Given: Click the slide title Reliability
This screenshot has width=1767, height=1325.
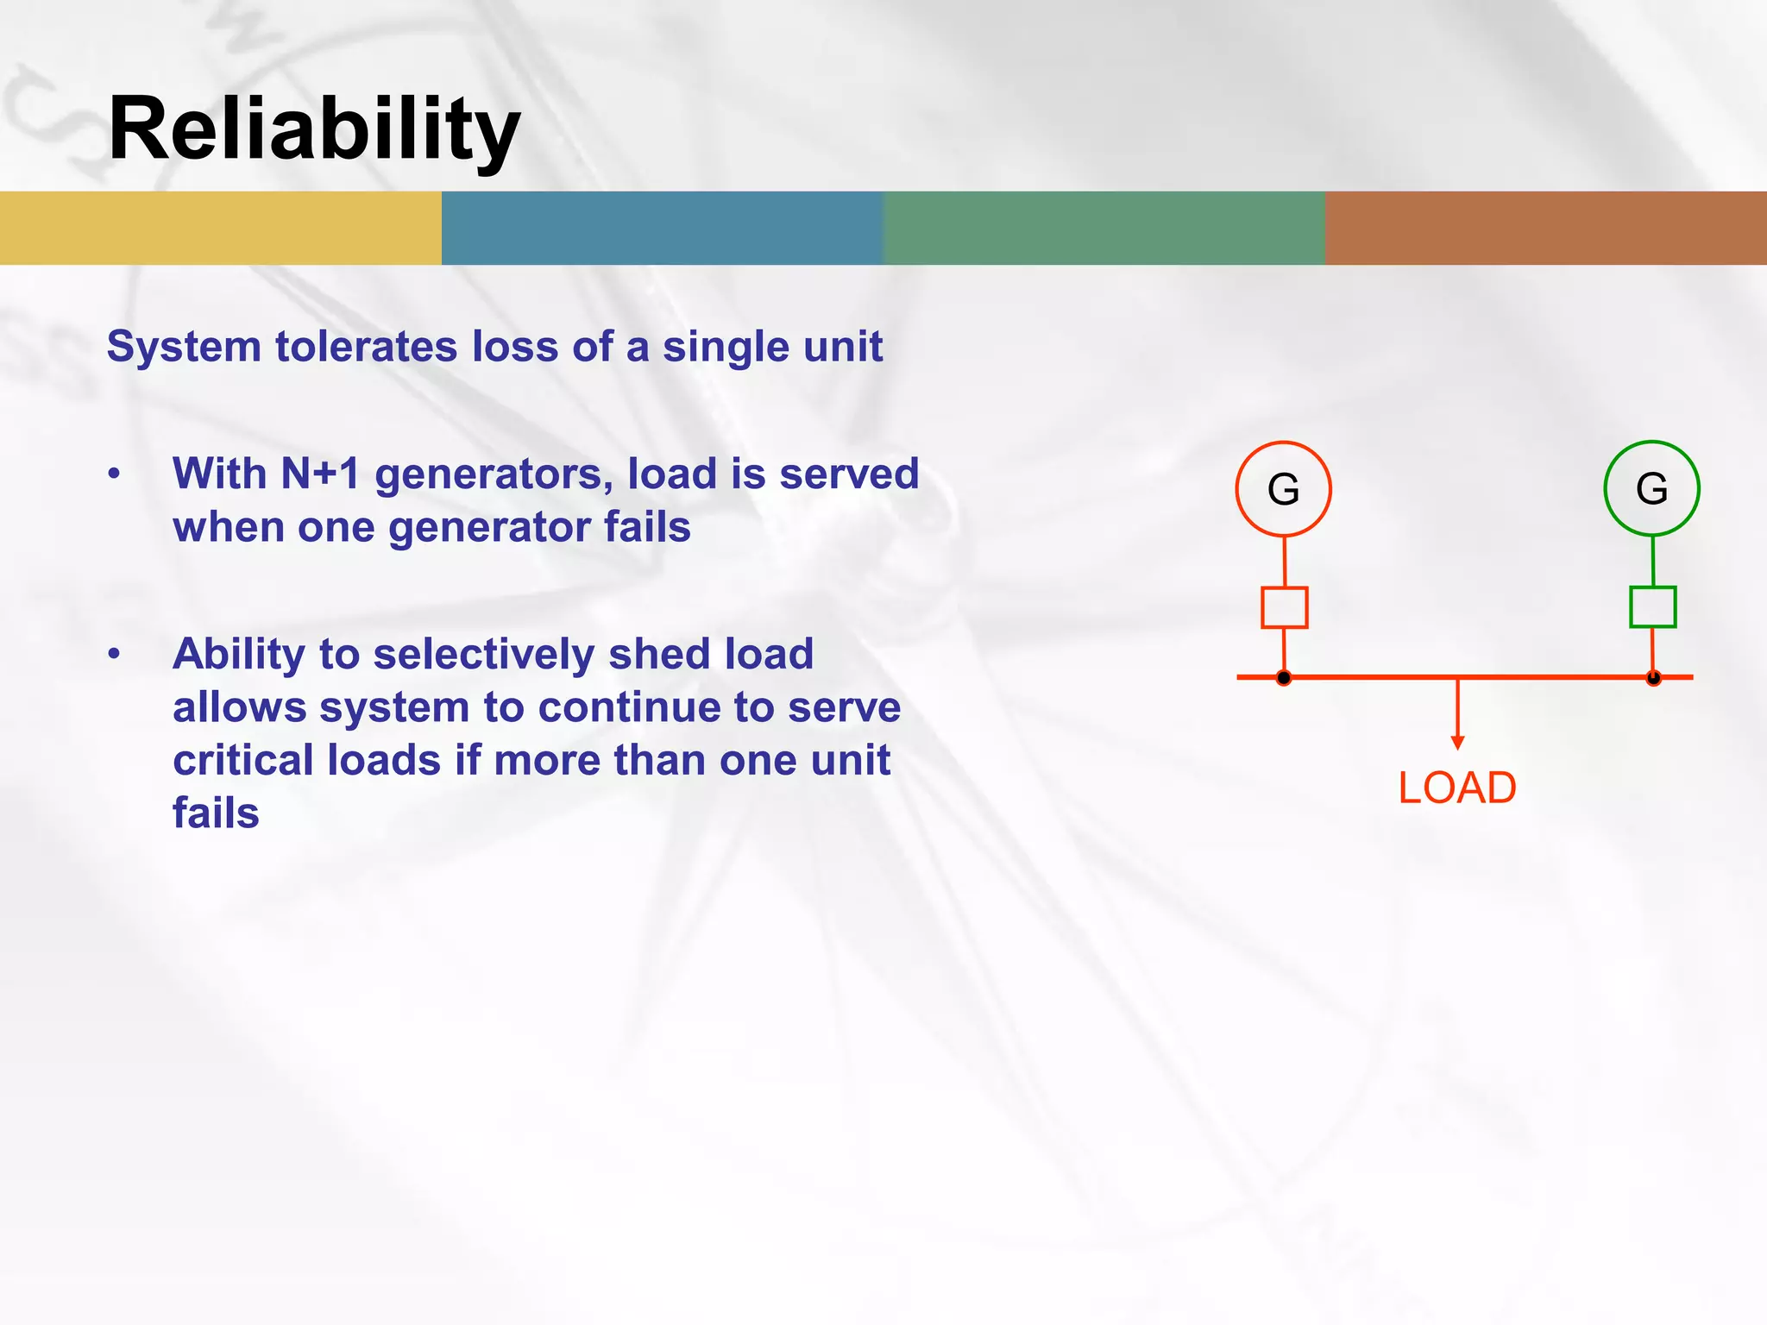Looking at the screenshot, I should (314, 129).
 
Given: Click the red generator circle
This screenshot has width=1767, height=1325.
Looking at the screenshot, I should (1283, 489).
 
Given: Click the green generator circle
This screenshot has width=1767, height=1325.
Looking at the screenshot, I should (1651, 488).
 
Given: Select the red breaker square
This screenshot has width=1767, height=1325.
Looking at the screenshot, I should (1284, 607).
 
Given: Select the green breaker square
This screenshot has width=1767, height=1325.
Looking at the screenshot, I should (1652, 607).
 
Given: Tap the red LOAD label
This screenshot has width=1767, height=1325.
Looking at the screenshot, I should (1457, 788).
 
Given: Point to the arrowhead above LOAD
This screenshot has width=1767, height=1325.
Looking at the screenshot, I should (1457, 743).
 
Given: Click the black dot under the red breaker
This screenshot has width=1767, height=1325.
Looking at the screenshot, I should (1284, 678).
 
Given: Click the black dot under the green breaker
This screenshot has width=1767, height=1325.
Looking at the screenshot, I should (1653, 678).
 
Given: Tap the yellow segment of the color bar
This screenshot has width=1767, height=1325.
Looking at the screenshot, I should (221, 228).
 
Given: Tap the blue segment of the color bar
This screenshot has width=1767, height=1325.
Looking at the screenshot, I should (663, 228).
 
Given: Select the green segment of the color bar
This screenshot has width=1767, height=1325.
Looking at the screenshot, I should (1104, 228).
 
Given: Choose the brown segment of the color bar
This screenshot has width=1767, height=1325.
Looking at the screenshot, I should (1546, 228).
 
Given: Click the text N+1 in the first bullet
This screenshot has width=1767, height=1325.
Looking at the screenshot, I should (320, 474).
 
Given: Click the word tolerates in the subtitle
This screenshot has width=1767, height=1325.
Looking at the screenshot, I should (366, 347).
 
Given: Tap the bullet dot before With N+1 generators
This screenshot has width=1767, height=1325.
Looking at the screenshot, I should (114, 474).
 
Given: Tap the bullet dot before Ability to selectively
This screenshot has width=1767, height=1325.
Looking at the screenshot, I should (114, 655).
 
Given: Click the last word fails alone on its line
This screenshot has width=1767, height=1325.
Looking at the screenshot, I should (216, 813).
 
